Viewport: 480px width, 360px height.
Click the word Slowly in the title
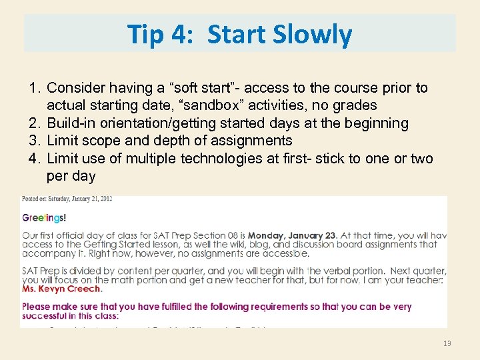[313, 34]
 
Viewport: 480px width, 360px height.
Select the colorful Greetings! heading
[45, 217]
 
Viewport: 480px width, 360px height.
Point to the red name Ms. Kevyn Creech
[62, 289]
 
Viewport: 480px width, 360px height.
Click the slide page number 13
[447, 343]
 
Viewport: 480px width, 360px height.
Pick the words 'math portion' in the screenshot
[116, 280]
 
